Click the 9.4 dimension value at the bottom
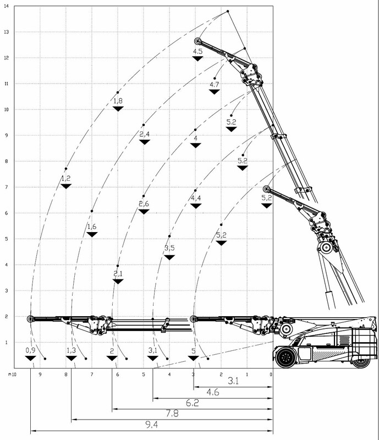152,425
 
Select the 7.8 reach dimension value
172,414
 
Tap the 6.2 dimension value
193,403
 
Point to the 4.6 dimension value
213,392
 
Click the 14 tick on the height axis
6,6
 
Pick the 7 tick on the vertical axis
7,187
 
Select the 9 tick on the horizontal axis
40,375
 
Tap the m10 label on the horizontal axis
12,375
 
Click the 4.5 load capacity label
197,51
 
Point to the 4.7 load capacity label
214,84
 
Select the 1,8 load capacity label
118,101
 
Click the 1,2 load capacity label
66,178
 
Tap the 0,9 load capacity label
30,350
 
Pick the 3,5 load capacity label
169,248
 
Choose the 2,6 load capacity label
144,204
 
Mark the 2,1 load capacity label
118,273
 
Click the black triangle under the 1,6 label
92,234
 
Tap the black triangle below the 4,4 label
196,206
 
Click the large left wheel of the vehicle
286,358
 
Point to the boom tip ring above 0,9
31,319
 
